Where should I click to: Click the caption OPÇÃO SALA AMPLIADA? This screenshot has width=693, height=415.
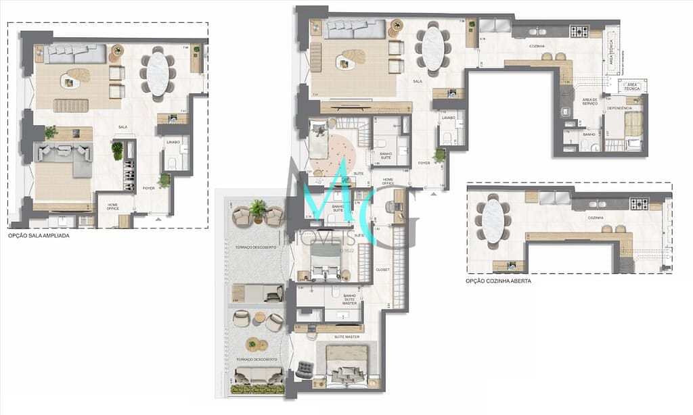tap(39, 237)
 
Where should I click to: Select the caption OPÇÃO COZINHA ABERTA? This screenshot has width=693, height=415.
tap(498, 280)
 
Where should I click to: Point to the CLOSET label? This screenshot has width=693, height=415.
tap(382, 270)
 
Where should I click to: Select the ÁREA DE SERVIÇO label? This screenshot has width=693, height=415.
tap(589, 102)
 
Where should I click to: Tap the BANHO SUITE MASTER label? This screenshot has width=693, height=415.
tap(349, 299)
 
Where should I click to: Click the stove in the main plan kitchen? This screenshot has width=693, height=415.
tap(579, 31)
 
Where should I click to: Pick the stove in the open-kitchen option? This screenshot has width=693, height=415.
tap(640, 203)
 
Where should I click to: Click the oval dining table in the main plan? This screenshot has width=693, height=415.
tap(433, 48)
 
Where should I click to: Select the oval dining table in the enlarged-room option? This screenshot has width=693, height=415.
tap(158, 74)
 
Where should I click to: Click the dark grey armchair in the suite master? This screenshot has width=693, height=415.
tap(305, 369)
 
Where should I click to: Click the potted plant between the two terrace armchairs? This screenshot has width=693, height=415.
tap(257, 209)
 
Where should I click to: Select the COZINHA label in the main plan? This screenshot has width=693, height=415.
tap(537, 46)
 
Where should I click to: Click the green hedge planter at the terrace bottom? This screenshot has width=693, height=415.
tap(259, 389)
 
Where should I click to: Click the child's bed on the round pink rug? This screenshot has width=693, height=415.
tap(318, 143)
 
